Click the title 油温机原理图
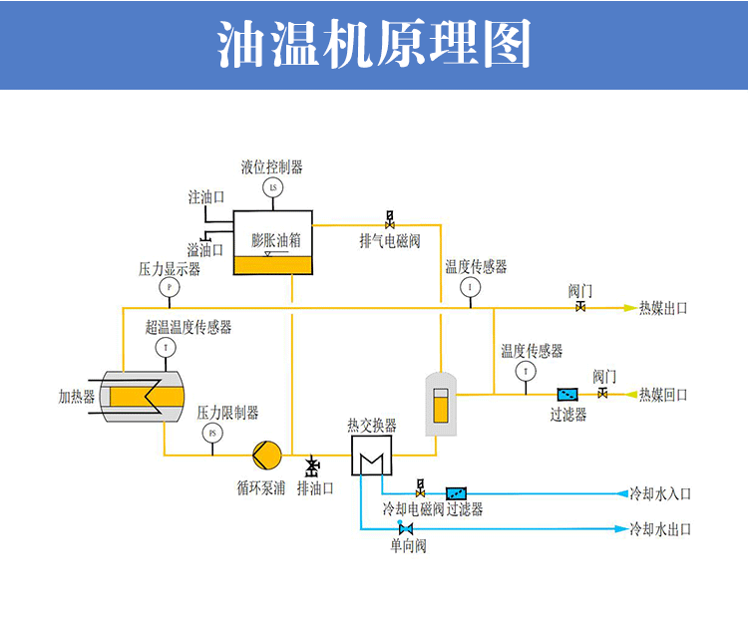point(374,46)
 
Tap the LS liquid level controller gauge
point(273,187)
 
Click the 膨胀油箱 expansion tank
point(272,243)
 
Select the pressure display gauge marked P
point(169,288)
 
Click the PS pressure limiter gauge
point(211,433)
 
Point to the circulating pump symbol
point(266,456)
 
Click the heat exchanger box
point(371,457)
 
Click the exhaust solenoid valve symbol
point(390,219)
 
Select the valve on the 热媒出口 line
point(580,307)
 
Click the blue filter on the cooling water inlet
point(457,492)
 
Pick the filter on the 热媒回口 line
point(568,395)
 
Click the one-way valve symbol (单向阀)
point(405,528)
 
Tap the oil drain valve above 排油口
point(313,466)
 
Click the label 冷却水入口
point(659,493)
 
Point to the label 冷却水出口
point(659,528)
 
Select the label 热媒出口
point(663,308)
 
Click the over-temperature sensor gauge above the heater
point(166,347)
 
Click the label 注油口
point(205,197)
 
